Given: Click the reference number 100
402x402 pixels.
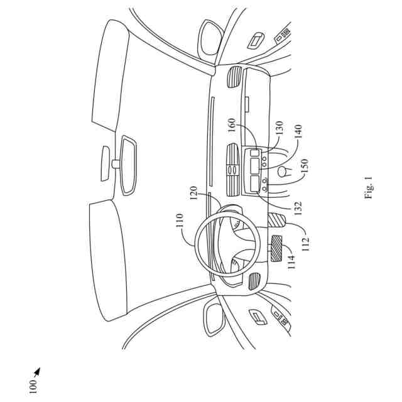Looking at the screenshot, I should [x=33, y=386].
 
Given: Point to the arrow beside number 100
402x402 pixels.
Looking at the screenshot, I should [x=37, y=372].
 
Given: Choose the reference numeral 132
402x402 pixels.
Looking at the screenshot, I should [x=297, y=205].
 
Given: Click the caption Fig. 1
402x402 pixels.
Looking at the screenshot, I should [x=369, y=187].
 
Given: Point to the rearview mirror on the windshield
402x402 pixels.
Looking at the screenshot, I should [x=129, y=163].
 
